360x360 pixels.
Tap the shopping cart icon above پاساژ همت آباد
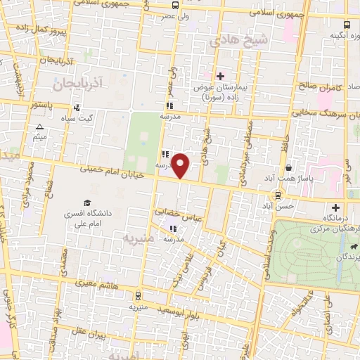click(289, 168)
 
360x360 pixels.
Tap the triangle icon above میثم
click(39, 127)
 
